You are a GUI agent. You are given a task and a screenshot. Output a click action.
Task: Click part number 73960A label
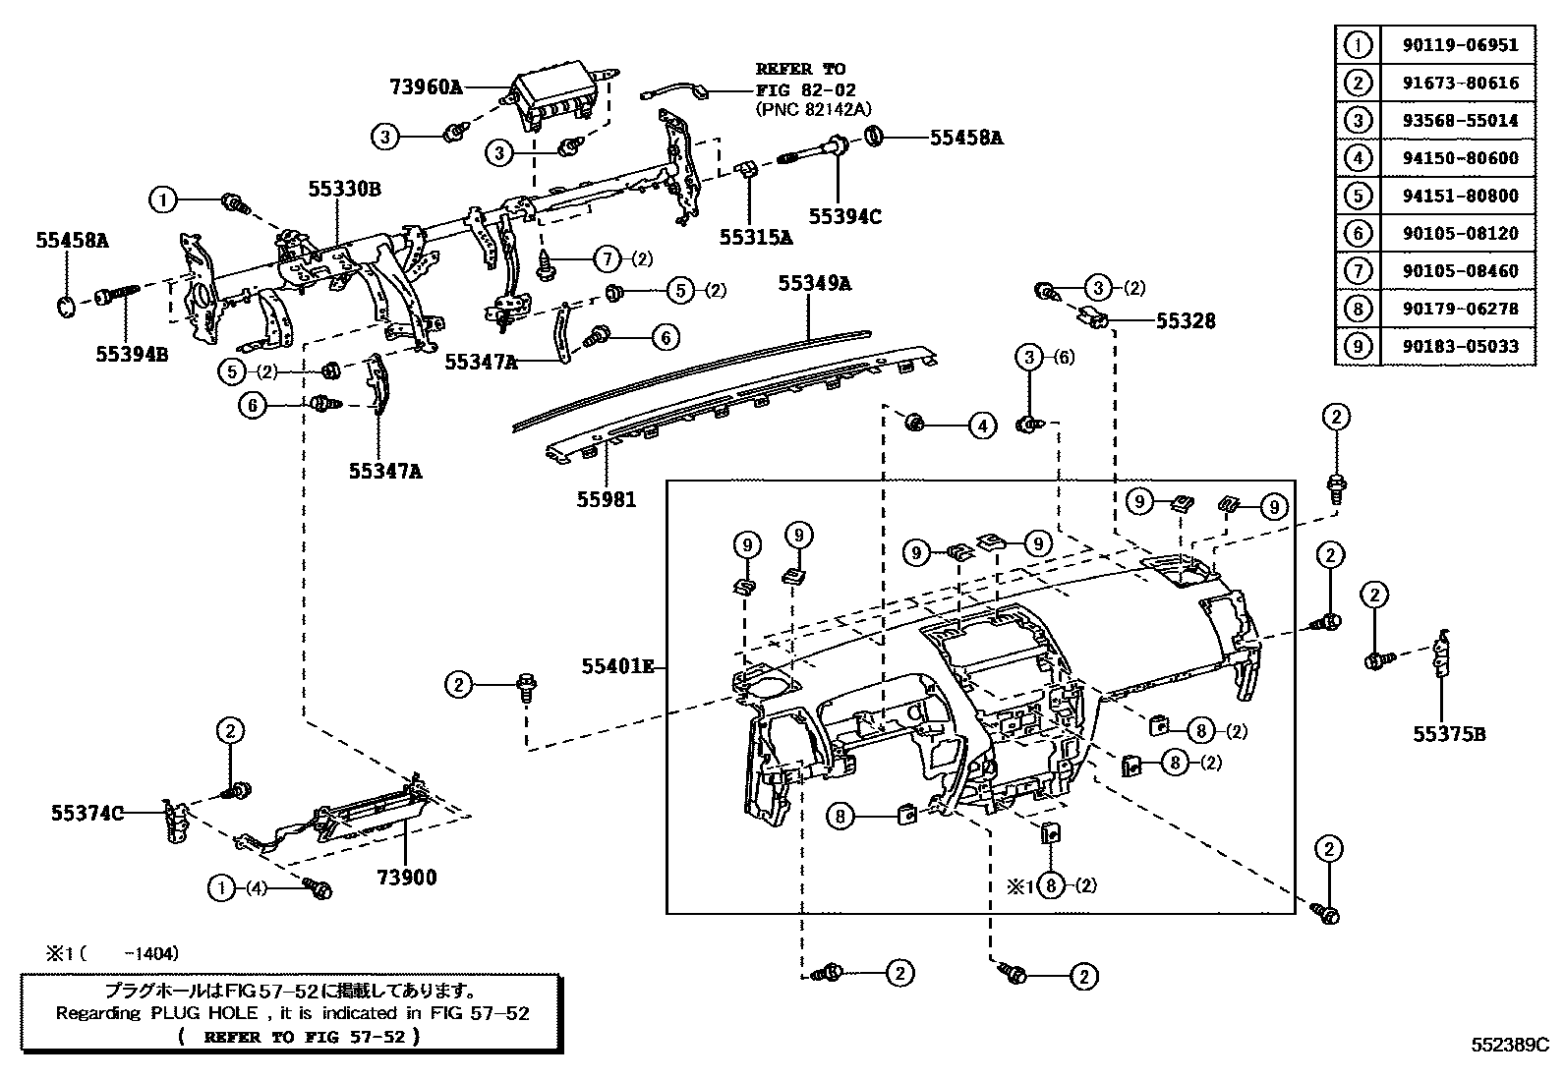coord(424,86)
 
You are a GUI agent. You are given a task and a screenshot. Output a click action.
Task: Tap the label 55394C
coord(845,217)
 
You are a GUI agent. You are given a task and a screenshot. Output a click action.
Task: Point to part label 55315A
coord(755,237)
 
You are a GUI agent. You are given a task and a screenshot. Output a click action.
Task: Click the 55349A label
coord(815,284)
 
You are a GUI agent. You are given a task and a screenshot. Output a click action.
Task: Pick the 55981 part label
coord(607,500)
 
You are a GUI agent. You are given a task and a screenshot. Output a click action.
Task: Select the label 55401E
coord(617,666)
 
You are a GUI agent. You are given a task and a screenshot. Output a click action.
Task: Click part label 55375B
coord(1449,733)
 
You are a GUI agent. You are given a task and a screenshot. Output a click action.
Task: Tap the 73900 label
coord(405,878)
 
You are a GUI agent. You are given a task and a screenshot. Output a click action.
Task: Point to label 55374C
coord(87,813)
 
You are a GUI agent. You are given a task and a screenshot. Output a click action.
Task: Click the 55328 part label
coord(1185,320)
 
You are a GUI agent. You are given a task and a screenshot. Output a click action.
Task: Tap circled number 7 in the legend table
coord(1358,271)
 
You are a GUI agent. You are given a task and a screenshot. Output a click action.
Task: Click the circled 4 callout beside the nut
coord(981,426)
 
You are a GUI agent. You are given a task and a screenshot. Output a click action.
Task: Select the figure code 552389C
coord(1510,1046)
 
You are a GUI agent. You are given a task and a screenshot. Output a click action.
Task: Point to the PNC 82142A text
coord(813,109)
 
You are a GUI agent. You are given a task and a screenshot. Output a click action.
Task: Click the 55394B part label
coord(132,354)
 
